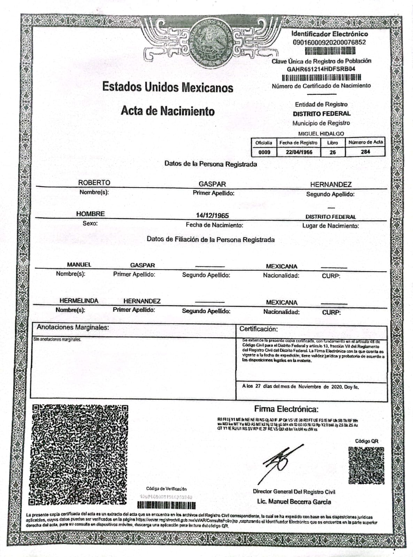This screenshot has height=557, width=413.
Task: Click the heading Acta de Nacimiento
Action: coord(168,111)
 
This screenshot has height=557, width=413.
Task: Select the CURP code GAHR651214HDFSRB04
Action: coord(321,69)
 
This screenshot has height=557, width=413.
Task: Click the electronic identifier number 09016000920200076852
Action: coord(329,42)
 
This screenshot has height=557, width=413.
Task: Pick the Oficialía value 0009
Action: coord(264,152)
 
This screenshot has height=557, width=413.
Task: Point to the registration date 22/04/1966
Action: coord(299,152)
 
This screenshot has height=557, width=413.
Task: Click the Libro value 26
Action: coord(332,152)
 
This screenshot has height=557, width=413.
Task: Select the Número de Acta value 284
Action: coord(365,151)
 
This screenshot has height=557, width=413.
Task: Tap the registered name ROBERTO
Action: coord(94,183)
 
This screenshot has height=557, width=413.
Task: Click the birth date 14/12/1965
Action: coord(212,215)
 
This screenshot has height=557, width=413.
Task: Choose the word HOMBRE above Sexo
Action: coord(91,214)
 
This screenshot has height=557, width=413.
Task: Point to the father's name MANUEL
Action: coord(79,265)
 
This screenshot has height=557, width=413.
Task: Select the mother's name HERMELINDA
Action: coord(79,301)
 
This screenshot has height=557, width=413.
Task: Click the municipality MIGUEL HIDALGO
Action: coord(321,134)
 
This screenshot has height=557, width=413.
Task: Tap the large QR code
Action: coord(79,454)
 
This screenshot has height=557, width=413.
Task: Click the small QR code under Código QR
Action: coord(366,465)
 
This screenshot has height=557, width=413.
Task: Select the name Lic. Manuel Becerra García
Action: coord(294,502)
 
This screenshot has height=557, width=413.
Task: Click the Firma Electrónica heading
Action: coord(286,409)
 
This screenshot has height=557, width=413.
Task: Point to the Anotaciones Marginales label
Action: coord(73,327)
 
